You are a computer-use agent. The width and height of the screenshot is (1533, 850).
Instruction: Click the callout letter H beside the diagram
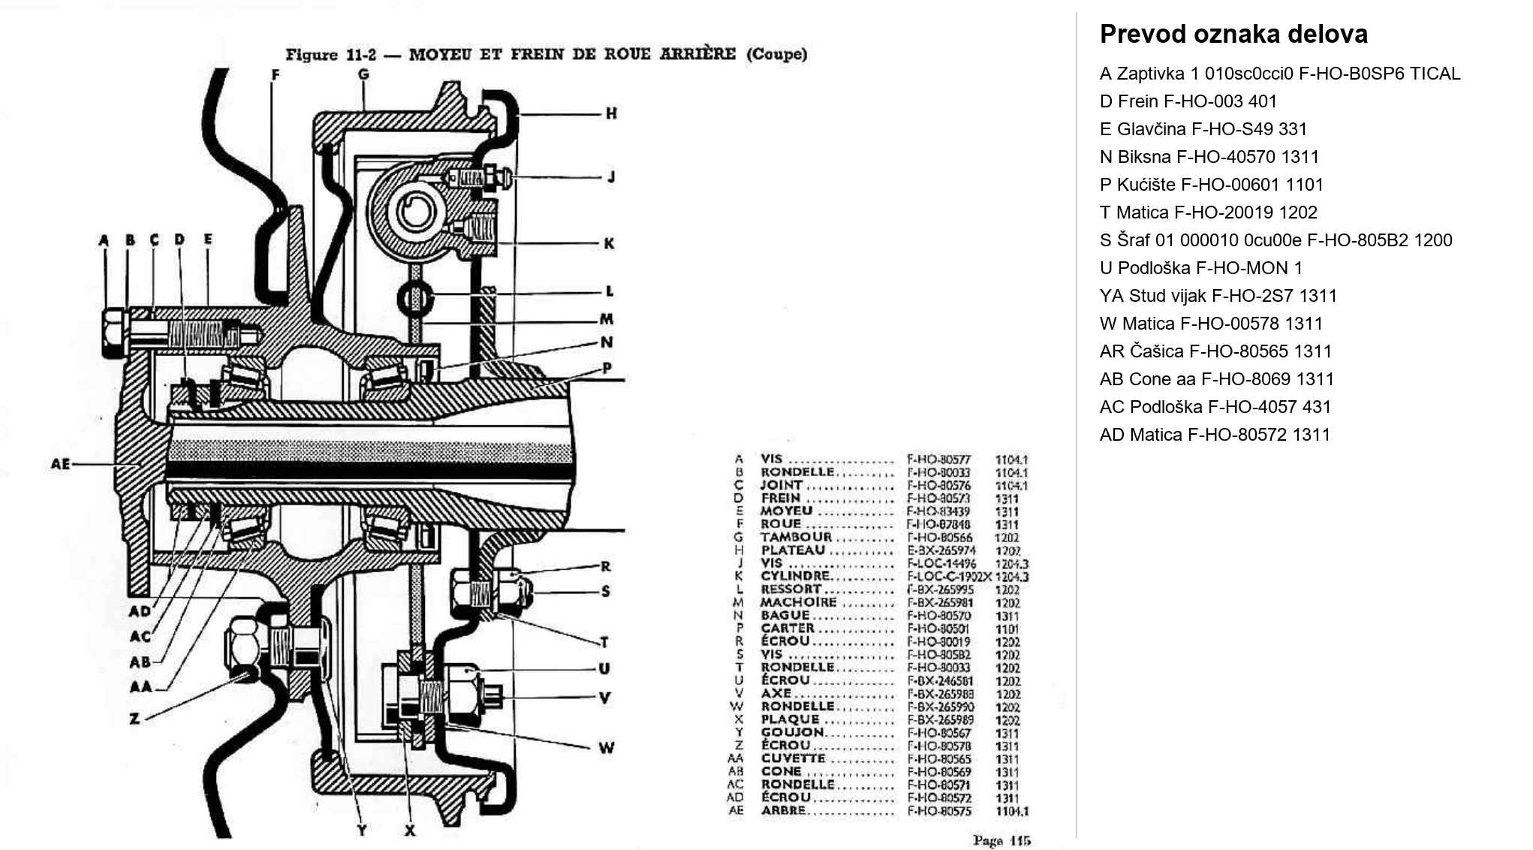pos(611,113)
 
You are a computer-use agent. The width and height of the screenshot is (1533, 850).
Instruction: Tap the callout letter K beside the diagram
pos(609,243)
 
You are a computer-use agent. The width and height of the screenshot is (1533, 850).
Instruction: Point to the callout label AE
pos(60,464)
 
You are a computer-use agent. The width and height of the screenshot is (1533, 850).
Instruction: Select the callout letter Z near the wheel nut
pos(134,719)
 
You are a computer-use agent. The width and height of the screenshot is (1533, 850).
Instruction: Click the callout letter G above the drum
pos(363,74)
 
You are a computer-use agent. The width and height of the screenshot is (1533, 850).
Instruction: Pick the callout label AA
pos(140,686)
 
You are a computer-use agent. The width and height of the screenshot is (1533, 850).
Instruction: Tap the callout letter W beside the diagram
pos(606,748)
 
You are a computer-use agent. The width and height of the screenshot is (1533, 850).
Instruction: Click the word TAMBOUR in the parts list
pos(796,537)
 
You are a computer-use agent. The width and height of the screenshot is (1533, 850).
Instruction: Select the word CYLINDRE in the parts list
pos(795,576)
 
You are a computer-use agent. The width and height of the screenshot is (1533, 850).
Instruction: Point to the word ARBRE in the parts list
pos(783,810)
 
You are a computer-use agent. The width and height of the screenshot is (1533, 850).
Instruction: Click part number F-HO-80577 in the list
pos(938,460)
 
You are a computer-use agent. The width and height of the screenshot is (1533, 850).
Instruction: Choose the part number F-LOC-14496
pos(941,563)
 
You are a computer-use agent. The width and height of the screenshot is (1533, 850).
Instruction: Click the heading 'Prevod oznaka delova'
pos(1233,35)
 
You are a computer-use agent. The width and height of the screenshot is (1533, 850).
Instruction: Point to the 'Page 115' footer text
pos(1001,840)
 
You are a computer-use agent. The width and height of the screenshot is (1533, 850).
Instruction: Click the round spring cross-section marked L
pos(415,298)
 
